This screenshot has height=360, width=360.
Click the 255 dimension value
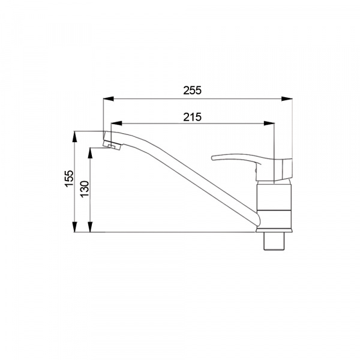point(192,91)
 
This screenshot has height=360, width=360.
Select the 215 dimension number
point(192,117)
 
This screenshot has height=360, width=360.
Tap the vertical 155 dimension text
point(69,179)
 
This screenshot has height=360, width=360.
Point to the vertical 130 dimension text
point(85,189)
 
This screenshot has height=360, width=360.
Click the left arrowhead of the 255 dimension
point(109,99)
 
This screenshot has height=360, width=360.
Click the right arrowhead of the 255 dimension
point(287,99)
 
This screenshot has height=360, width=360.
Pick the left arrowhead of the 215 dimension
point(116,123)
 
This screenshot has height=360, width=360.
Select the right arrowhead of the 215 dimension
point(269,123)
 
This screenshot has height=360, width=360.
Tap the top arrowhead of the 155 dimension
point(74,136)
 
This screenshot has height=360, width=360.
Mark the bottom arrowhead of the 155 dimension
point(74,227)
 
